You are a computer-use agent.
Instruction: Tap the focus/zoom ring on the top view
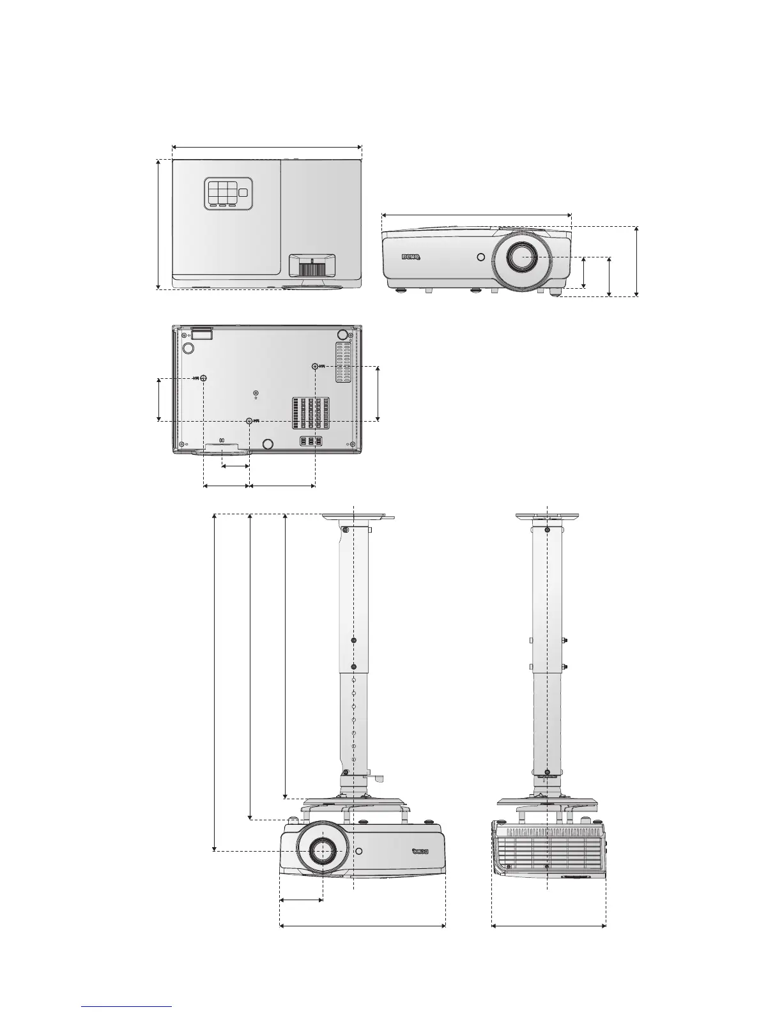[x=312, y=266]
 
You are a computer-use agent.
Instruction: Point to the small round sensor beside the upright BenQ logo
[x=480, y=258]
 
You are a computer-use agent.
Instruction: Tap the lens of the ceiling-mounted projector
[x=321, y=850]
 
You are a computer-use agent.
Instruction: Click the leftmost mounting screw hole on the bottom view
[x=203, y=378]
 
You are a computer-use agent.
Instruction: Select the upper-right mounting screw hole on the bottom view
[x=314, y=366]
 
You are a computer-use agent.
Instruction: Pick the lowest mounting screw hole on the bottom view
[x=249, y=421]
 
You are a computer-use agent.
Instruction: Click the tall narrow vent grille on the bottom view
[x=344, y=362]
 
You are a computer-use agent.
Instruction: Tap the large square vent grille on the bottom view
[x=310, y=413]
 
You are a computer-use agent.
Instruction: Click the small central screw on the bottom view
[x=256, y=393]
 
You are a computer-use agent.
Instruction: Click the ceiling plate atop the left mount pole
[x=358, y=517]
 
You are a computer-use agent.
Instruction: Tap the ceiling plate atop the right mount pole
[x=548, y=517]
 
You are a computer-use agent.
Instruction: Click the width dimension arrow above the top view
[x=267, y=146]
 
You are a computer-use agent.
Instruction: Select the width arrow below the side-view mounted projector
[x=548, y=924]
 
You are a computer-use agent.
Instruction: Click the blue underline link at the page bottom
[x=127, y=1006]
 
